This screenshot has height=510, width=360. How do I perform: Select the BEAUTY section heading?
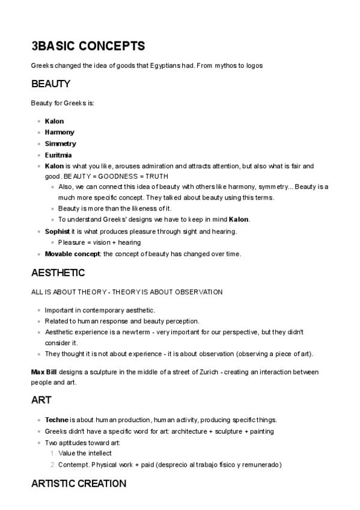point(50,84)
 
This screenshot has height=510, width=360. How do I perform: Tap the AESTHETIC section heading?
point(58,272)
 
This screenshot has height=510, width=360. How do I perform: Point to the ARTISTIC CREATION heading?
point(78,484)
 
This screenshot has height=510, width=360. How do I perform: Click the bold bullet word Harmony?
point(59,132)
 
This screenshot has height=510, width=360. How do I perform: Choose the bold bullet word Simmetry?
point(61,144)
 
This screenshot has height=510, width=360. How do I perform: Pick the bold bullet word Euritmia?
point(58,155)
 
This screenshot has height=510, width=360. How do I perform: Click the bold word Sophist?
point(58,231)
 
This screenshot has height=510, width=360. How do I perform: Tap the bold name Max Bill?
point(44,372)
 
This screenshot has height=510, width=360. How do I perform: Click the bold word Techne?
point(56,420)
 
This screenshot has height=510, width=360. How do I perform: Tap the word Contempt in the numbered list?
point(72,465)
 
